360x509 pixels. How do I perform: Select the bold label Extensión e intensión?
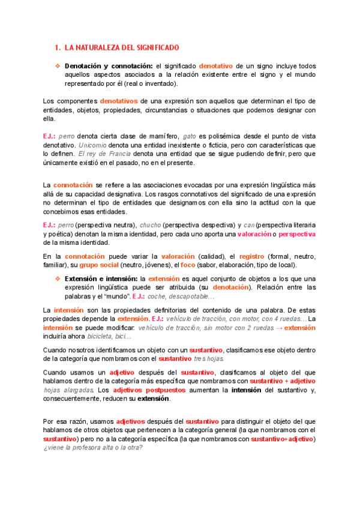tap(109, 279)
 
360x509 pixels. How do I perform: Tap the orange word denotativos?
tap(119, 101)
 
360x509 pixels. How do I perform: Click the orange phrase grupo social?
tap(98, 265)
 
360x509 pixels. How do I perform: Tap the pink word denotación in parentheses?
tap(232, 288)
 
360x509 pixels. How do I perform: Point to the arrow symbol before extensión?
tap(279, 328)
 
